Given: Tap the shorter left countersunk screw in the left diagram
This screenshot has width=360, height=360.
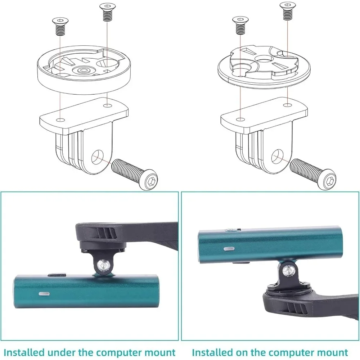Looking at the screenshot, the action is (x=60, y=27).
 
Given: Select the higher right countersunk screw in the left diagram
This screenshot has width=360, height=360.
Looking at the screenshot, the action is (x=107, y=13).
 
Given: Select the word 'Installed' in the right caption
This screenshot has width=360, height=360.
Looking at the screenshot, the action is (x=213, y=352).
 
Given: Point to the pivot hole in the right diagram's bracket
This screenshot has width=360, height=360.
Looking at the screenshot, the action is (x=277, y=157).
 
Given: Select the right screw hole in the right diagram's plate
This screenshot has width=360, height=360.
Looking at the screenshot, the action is (x=286, y=105).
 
